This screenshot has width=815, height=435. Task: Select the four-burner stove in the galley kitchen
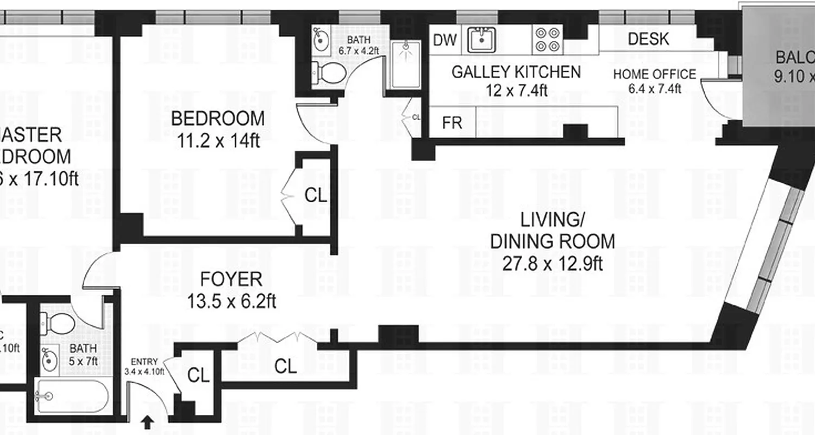(x=548, y=40)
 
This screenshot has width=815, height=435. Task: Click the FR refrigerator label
(x=452, y=123)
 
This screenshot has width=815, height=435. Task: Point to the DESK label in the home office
(x=648, y=39)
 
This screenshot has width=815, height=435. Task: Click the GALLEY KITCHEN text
(x=516, y=72)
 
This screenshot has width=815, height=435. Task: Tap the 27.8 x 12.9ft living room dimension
(x=553, y=263)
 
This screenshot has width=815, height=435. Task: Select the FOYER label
(x=231, y=279)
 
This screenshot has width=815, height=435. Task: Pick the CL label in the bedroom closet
(x=316, y=196)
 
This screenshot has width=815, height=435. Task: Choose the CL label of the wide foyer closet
(x=286, y=366)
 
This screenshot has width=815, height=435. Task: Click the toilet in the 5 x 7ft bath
(x=59, y=324)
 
